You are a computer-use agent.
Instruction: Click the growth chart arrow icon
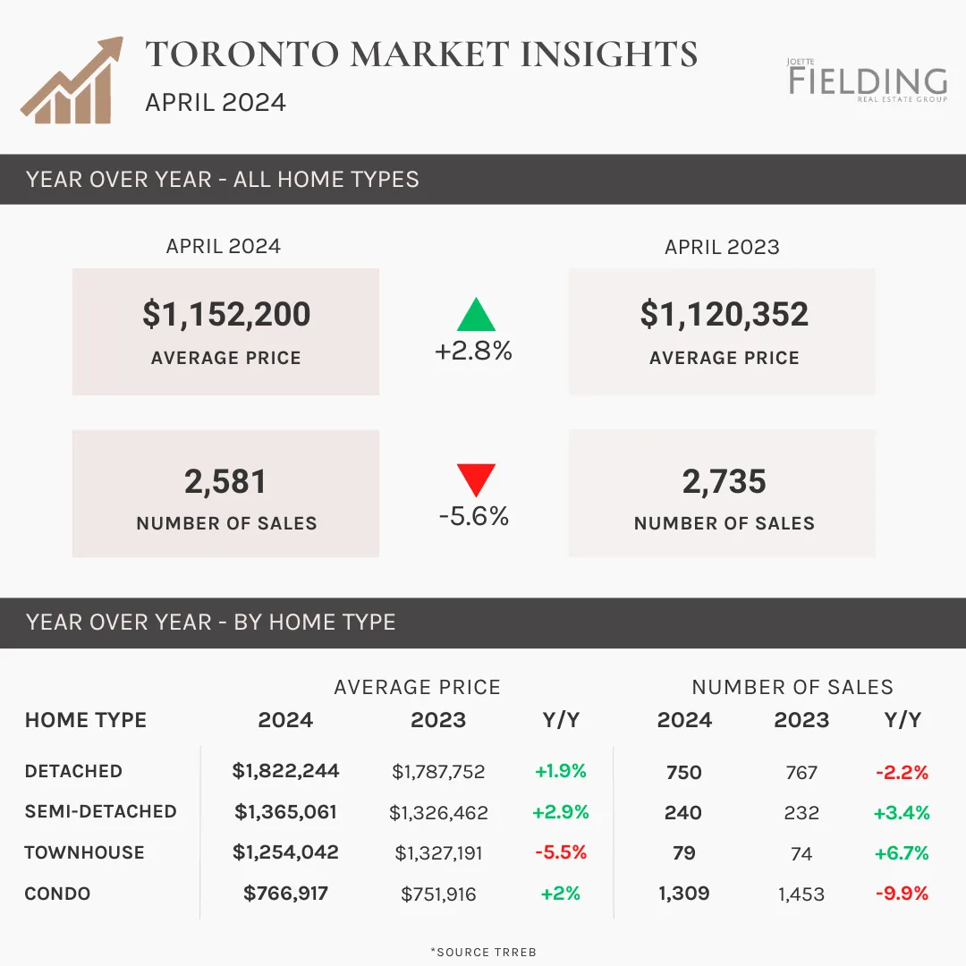tap(72, 80)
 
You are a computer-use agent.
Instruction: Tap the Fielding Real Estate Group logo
tap(868, 80)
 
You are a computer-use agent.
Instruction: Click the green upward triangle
tap(476, 314)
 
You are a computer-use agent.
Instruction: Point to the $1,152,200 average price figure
tap(226, 314)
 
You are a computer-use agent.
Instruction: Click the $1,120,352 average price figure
tap(724, 314)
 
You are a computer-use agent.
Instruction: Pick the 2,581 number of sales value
tap(225, 481)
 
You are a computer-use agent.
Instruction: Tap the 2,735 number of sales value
tap(724, 481)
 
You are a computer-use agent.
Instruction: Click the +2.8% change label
tap(473, 351)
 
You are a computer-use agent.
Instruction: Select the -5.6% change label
tap(474, 516)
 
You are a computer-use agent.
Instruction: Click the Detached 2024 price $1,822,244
tap(285, 771)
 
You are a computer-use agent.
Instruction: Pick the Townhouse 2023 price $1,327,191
tap(438, 853)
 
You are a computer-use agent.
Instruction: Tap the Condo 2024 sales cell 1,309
tap(684, 894)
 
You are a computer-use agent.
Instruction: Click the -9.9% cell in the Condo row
tap(902, 894)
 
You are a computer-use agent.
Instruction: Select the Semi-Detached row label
tap(100, 811)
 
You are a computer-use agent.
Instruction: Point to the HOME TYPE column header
tap(86, 719)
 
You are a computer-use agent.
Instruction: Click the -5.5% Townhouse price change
tap(561, 852)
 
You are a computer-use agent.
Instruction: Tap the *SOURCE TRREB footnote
tap(484, 952)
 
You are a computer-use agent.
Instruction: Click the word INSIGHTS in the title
tap(609, 55)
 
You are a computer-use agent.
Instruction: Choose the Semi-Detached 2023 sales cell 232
tap(801, 812)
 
